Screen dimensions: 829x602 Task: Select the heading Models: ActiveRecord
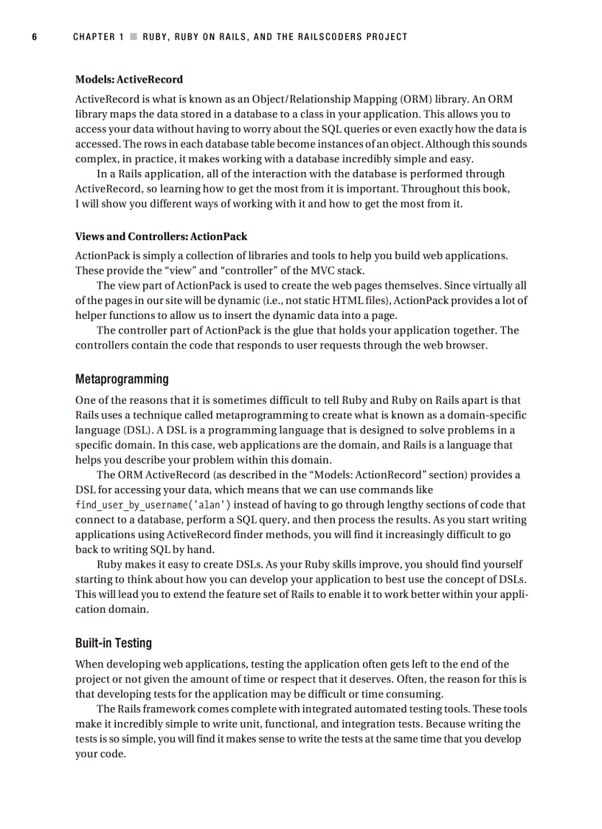(129, 80)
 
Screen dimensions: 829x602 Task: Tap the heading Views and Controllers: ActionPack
(161, 237)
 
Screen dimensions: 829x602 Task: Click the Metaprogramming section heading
(122, 379)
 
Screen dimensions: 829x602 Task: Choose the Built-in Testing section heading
(114, 643)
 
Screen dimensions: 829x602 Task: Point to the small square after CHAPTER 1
(133, 37)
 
